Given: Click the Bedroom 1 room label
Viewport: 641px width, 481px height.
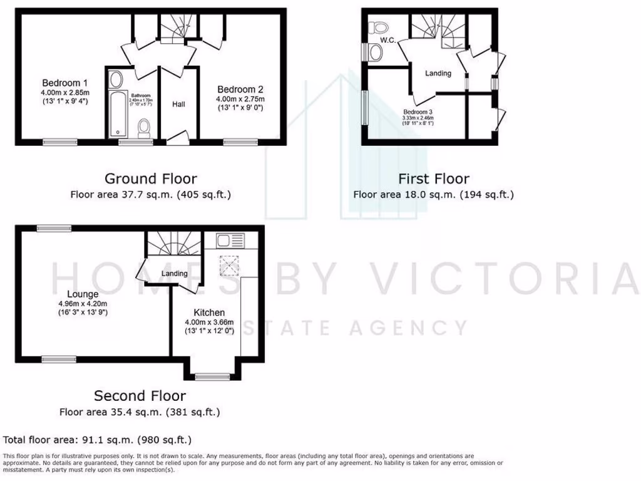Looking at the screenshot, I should point(64,83).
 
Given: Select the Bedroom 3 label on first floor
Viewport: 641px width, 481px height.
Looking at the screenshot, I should point(418,113).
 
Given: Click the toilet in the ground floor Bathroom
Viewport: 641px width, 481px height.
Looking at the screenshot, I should point(145,127).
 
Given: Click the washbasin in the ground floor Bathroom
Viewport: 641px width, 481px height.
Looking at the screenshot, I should point(116,80).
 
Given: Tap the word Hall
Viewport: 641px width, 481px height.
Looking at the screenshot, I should point(179,104).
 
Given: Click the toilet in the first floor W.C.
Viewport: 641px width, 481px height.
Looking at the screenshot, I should point(378,27).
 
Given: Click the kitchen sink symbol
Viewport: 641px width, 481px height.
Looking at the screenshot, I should point(225,240).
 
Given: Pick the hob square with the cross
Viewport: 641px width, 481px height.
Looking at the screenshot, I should point(230,266).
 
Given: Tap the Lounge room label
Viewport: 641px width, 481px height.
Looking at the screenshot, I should point(83,294).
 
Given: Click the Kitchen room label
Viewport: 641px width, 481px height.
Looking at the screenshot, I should point(209,312).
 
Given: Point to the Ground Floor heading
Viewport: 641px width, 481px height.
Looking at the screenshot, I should point(150,178).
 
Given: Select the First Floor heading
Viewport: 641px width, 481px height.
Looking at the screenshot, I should point(433,178).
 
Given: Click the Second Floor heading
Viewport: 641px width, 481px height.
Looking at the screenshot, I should point(140,396).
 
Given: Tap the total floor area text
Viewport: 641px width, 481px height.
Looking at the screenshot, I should point(98,440).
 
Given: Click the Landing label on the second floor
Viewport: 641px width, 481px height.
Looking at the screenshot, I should point(174,274).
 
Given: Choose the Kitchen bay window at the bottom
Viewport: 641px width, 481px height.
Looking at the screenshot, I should point(205,376).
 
